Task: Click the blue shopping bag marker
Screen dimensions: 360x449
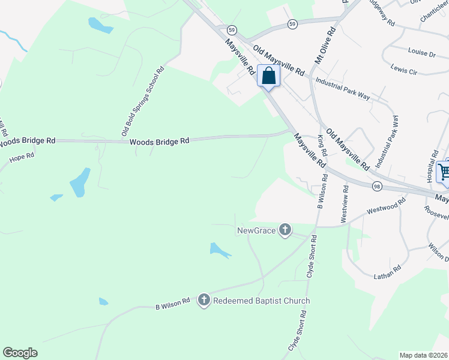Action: click(268, 76)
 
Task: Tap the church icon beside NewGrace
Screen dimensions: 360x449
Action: click(285, 230)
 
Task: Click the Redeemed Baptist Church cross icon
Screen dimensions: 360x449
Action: click(204, 301)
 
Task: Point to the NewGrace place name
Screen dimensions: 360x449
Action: click(256, 230)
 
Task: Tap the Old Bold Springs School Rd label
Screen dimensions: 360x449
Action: click(142, 100)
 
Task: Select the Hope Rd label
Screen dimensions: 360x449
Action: click(22, 158)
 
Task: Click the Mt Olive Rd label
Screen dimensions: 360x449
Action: click(325, 45)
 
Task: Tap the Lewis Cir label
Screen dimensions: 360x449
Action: click(403, 69)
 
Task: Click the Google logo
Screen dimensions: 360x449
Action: click(20, 353)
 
